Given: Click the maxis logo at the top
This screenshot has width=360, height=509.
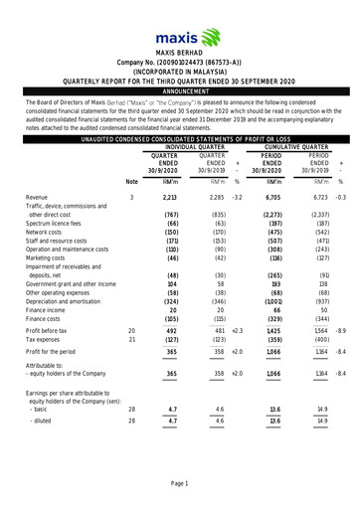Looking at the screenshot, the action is coord(179,22).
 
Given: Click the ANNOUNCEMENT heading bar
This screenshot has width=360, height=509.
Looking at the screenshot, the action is coord(179,88).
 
